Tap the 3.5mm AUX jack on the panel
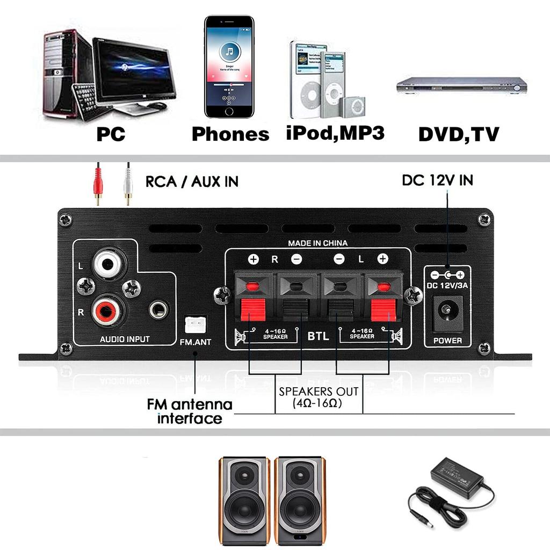click(158, 309)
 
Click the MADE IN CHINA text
click(317, 243)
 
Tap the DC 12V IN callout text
click(437, 180)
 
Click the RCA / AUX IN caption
click(192, 182)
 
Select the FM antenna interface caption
click(190, 411)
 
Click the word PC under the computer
click(111, 134)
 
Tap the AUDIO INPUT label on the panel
click(125, 339)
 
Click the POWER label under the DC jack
click(447, 341)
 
